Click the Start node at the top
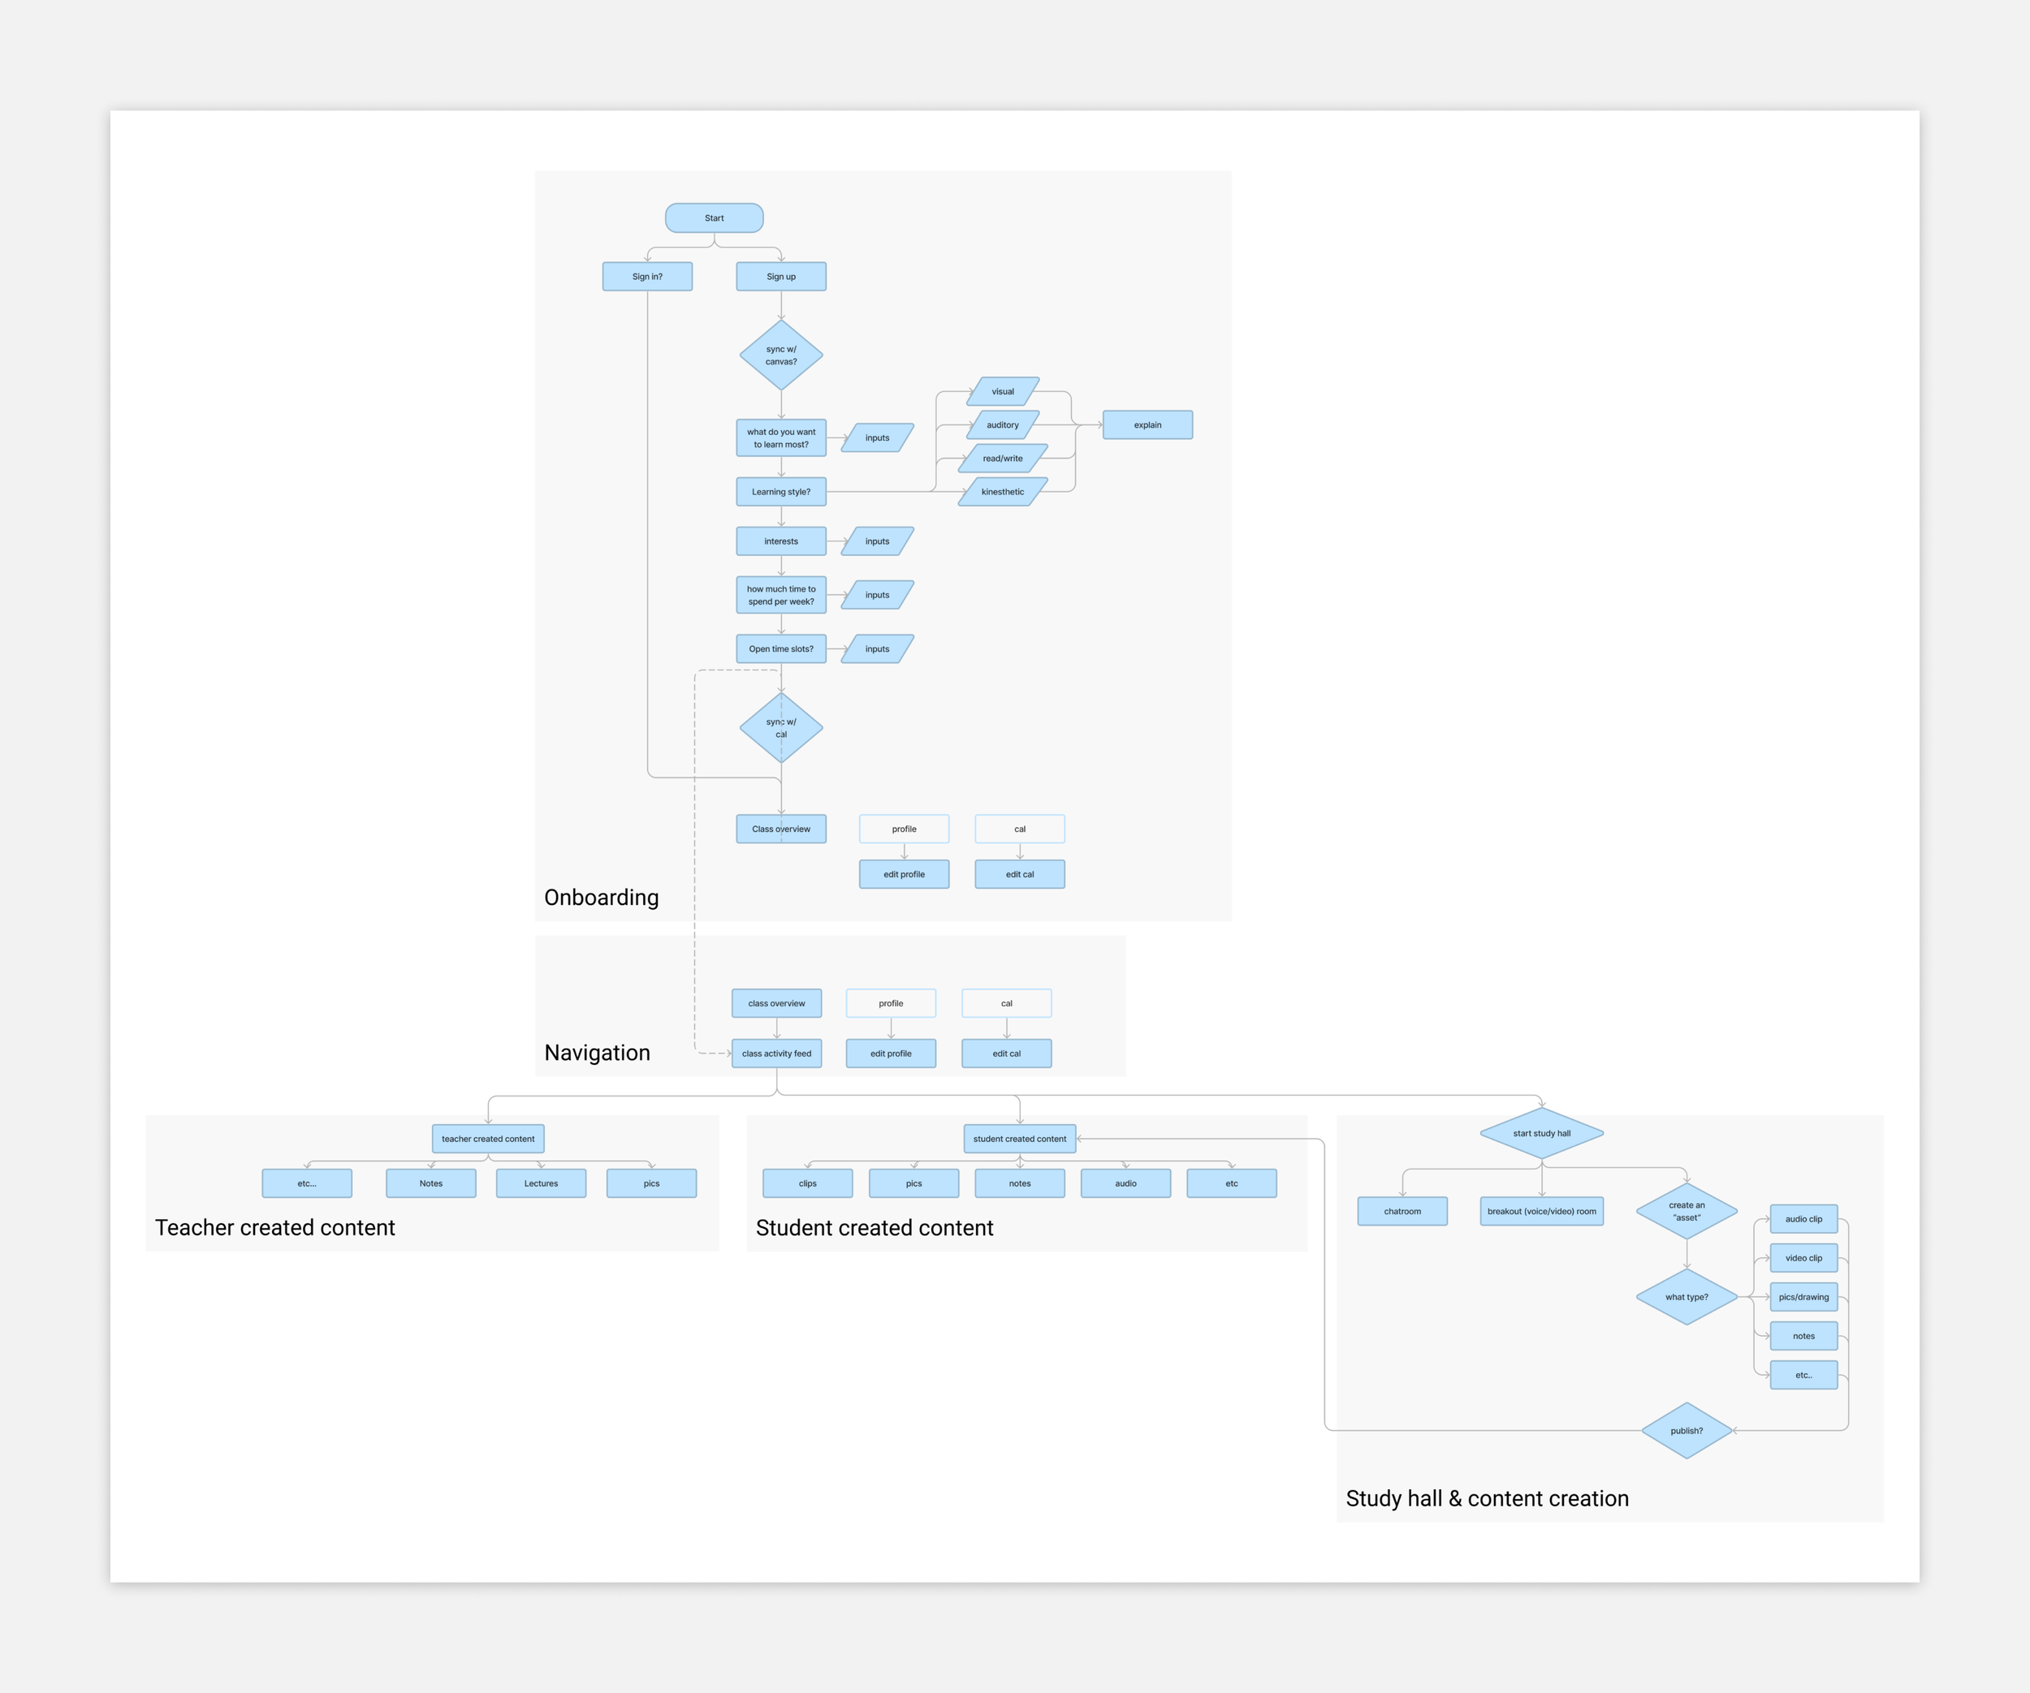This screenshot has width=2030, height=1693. (714, 218)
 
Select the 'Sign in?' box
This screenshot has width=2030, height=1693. (646, 277)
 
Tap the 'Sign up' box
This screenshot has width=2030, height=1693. (781, 277)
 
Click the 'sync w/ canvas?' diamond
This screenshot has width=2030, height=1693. (781, 355)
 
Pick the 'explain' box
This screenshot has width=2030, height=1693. (1147, 425)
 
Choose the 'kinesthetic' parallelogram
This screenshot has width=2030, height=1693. (1003, 492)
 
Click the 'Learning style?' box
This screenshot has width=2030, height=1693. (781, 492)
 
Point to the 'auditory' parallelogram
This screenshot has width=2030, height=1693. (1003, 425)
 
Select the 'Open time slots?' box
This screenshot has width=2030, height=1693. (781, 649)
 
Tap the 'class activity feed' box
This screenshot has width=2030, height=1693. (776, 1053)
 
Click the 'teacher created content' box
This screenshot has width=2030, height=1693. (488, 1139)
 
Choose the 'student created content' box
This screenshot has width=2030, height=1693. (1020, 1139)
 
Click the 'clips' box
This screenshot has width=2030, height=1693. (807, 1184)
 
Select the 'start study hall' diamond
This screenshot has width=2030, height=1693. (1542, 1134)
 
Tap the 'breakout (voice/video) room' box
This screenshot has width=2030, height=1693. (1542, 1212)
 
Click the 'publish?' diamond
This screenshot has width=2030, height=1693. (1687, 1431)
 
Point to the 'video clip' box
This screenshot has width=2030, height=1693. (1803, 1258)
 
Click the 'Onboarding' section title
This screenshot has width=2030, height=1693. (601, 898)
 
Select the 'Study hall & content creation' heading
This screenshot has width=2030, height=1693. (1487, 1499)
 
